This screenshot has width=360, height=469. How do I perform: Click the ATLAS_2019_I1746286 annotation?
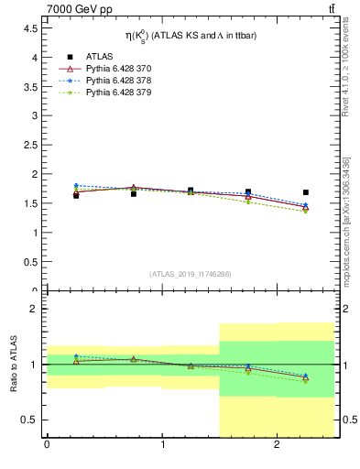(190, 273)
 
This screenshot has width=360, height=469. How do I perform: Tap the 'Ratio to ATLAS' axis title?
(14, 365)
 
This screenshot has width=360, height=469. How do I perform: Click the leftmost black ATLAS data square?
(76, 195)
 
